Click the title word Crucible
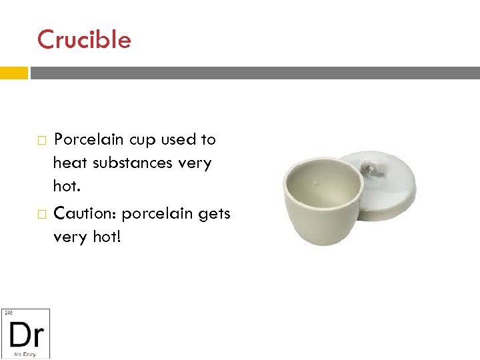[84, 40]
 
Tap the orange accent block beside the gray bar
[13, 73]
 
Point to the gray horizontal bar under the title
[254, 73]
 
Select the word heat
[69, 163]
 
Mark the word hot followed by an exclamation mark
[105, 237]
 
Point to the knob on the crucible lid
[371, 169]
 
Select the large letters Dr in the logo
[26, 333]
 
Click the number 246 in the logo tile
[8, 312]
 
